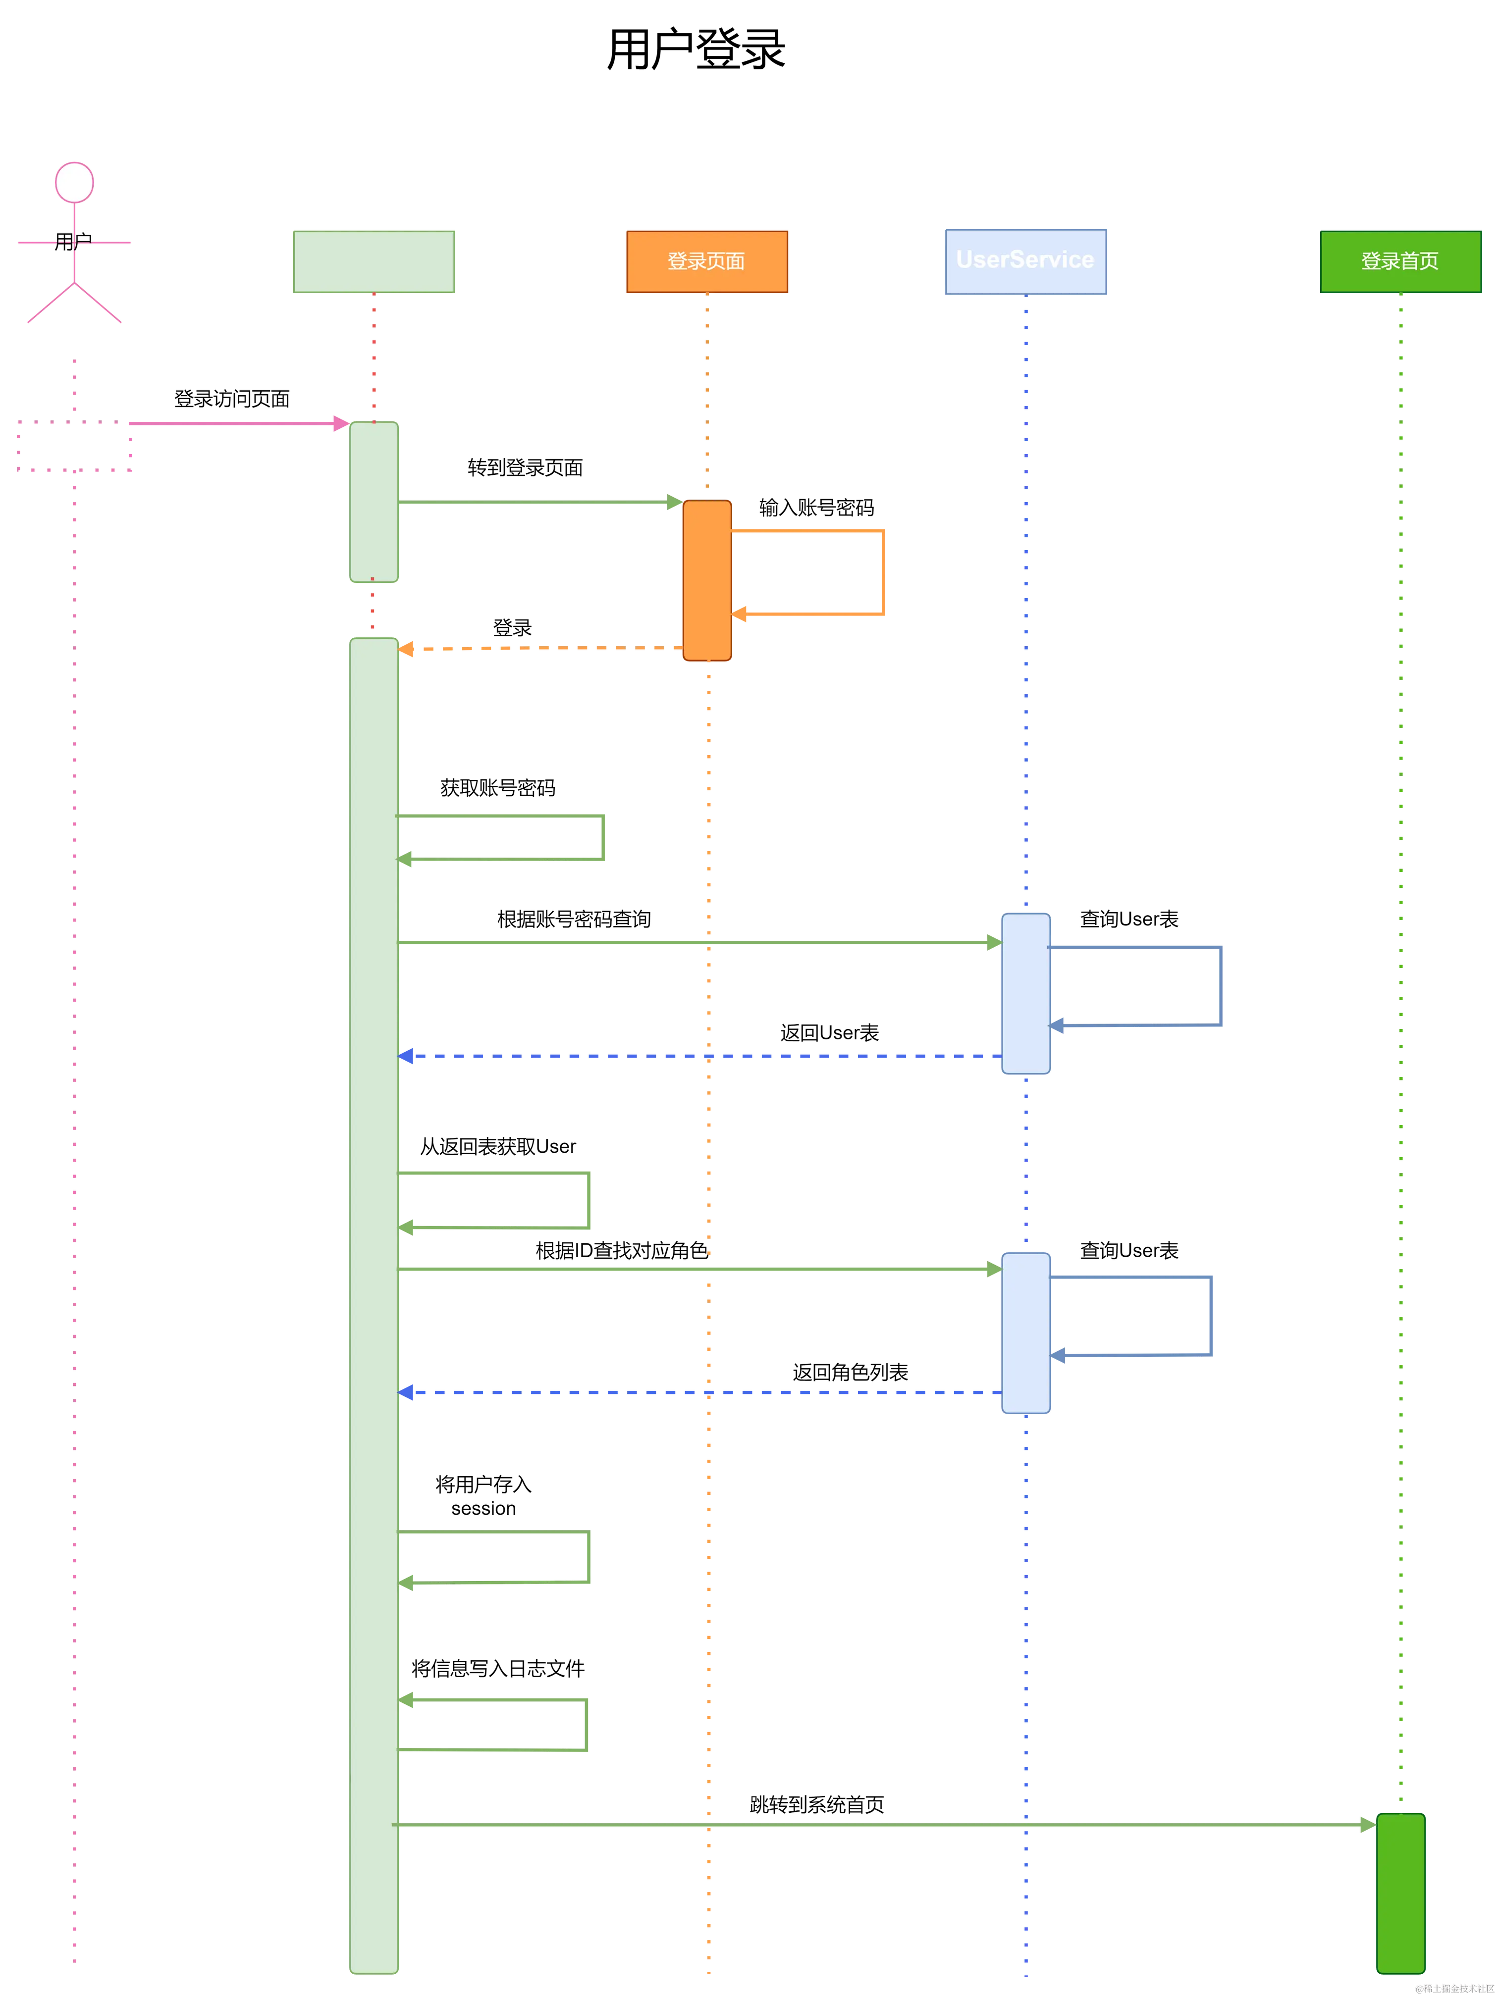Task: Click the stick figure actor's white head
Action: click(x=74, y=182)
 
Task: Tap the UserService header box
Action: click(x=1026, y=261)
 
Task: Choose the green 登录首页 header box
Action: click(x=1400, y=261)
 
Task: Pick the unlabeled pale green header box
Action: click(x=374, y=261)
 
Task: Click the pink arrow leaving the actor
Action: click(x=235, y=423)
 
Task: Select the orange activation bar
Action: click(x=707, y=580)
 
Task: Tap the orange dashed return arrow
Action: click(x=542, y=649)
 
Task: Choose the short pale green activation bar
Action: click(x=374, y=502)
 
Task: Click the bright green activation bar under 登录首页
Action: click(x=1400, y=1893)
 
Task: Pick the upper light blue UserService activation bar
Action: click(x=1026, y=993)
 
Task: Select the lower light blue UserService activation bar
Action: click(x=1026, y=1332)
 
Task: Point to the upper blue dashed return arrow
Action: click(x=700, y=1055)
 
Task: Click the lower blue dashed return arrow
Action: click(x=700, y=1392)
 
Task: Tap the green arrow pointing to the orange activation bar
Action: click(x=537, y=502)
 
